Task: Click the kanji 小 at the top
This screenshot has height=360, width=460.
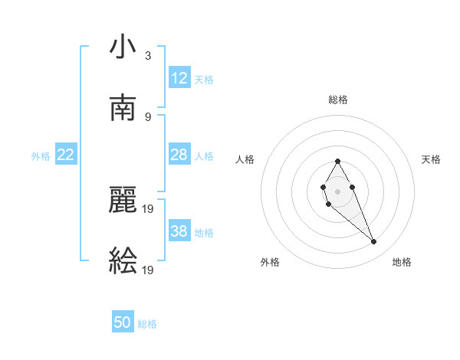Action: [x=123, y=47]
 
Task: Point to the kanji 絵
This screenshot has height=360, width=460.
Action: [x=123, y=260]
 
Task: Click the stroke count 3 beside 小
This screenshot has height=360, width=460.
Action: [x=147, y=56]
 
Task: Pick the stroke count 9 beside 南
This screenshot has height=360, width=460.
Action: [x=147, y=116]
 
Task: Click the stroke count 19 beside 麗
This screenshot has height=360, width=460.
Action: [x=149, y=208]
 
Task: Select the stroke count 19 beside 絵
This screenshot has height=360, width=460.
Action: [x=149, y=269]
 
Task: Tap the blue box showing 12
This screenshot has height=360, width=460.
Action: [x=179, y=78]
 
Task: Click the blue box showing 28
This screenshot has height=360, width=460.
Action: [x=179, y=155]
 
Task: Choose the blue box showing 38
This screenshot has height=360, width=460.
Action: [x=179, y=231]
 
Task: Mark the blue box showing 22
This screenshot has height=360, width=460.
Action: [x=66, y=155]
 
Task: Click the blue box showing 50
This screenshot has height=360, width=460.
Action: [x=123, y=322]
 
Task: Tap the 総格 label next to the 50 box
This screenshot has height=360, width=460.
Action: [x=147, y=324]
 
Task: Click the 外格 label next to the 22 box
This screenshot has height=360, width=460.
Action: [x=41, y=156]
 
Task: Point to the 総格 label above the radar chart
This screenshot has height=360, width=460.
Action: [x=337, y=100]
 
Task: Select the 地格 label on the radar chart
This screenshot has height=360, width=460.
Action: [x=402, y=263]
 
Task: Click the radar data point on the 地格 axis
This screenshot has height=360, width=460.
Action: [x=374, y=242]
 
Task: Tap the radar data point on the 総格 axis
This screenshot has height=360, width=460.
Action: [x=337, y=161]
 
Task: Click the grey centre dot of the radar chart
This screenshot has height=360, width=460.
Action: [x=337, y=191]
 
